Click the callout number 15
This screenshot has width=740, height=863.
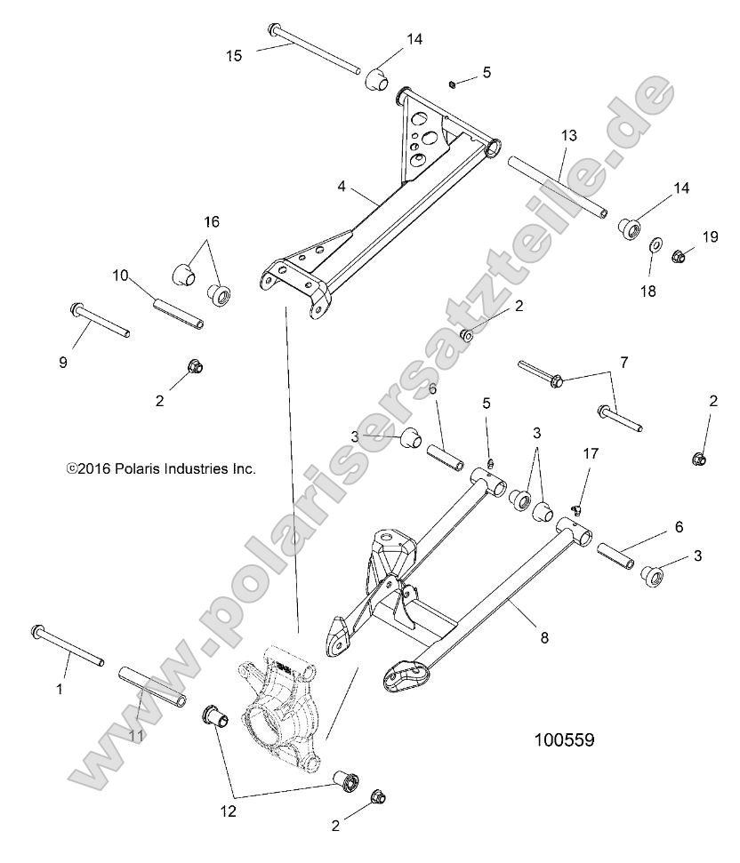tap(233, 55)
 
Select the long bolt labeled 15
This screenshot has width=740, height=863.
tap(316, 50)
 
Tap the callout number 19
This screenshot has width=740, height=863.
tap(710, 236)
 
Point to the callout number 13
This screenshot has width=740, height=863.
tap(568, 136)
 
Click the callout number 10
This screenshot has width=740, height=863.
tap(121, 276)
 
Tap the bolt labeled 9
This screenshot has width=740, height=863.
tap(100, 321)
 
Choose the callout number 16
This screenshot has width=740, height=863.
tap(212, 221)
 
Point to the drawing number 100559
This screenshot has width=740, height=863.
tap(564, 739)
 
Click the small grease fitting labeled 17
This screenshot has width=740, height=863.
tap(575, 510)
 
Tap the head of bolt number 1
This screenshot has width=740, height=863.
tap(39, 633)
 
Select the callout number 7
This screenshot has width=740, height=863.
tap(623, 363)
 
